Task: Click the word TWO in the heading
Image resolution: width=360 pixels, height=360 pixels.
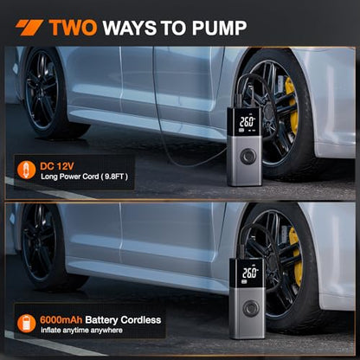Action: click(x=73, y=28)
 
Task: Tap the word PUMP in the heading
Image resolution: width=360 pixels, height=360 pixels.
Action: click(x=219, y=28)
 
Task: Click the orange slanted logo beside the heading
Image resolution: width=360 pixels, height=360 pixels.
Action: click(x=29, y=28)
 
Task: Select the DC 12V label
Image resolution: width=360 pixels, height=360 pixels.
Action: click(x=57, y=166)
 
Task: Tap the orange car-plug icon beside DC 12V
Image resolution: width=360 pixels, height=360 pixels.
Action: click(x=26, y=170)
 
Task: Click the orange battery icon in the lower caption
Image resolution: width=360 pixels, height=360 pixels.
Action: click(x=26, y=324)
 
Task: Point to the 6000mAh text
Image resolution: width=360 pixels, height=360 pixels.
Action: click(x=61, y=320)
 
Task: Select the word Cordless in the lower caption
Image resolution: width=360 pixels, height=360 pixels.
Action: click(x=141, y=320)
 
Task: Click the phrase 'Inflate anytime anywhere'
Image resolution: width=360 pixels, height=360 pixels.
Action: click(x=81, y=331)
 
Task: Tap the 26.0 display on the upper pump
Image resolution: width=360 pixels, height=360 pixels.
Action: click(x=247, y=122)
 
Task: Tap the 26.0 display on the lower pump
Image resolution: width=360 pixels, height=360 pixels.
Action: click(x=250, y=273)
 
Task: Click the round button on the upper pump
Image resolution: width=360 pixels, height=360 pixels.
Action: click(x=248, y=157)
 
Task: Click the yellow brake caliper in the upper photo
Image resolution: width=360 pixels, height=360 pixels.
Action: click(x=292, y=106)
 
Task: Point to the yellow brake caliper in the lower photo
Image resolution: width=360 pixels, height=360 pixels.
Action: click(x=296, y=256)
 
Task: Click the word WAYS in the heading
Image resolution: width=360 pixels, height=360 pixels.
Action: click(x=130, y=28)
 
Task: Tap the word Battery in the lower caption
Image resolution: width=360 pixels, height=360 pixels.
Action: click(x=101, y=320)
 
